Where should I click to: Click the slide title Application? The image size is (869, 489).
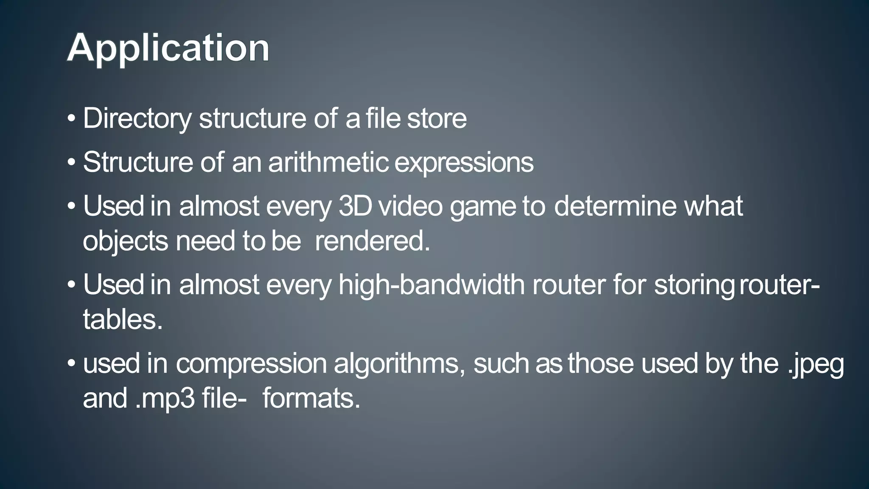(x=168, y=48)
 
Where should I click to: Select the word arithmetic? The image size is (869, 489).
(x=328, y=162)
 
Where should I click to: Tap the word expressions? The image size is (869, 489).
(x=464, y=163)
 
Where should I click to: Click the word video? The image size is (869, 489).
(x=410, y=206)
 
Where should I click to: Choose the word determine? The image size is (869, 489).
(x=615, y=206)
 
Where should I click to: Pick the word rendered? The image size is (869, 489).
(x=372, y=241)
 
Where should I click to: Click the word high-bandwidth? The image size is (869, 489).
(x=432, y=284)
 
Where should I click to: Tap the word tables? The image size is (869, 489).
(x=122, y=319)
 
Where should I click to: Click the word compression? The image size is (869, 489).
(x=251, y=364)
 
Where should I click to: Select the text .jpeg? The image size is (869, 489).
(x=816, y=364)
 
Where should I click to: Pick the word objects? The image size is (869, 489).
(x=126, y=242)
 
